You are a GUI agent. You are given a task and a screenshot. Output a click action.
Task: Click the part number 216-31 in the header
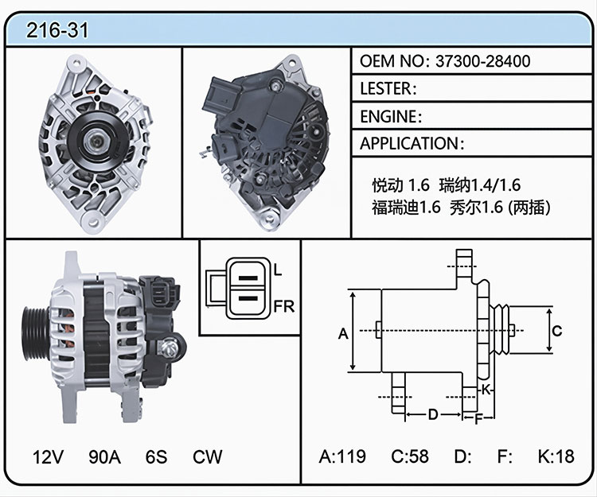pyautogui.click(x=57, y=30)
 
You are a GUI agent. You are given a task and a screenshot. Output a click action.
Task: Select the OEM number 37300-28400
pyautogui.click(x=483, y=61)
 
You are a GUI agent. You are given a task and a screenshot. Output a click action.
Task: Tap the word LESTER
pyautogui.click(x=386, y=88)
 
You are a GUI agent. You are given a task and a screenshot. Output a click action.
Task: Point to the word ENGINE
pyautogui.click(x=388, y=116)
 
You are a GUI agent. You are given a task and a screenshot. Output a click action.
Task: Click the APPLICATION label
pyautogui.click(x=409, y=143)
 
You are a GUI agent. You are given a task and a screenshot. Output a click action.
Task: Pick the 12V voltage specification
pyautogui.click(x=48, y=456)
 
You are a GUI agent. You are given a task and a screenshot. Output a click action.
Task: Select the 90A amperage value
pyautogui.click(x=105, y=456)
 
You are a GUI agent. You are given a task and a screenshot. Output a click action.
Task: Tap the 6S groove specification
pyautogui.click(x=156, y=456)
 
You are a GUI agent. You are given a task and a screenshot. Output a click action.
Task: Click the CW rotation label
pyautogui.click(x=208, y=456)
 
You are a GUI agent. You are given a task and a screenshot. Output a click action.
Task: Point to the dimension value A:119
pyautogui.click(x=342, y=456)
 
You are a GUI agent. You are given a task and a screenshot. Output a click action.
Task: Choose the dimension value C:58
pyautogui.click(x=410, y=456)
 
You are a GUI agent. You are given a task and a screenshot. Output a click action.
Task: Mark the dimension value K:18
pyautogui.click(x=556, y=456)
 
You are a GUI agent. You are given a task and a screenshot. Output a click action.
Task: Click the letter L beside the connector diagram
pyautogui.click(x=278, y=270)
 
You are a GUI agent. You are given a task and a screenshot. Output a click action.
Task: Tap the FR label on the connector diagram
pyautogui.click(x=284, y=306)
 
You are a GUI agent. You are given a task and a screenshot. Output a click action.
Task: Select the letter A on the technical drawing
pyautogui.click(x=343, y=333)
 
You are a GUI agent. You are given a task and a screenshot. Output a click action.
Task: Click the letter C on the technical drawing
pyautogui.click(x=557, y=331)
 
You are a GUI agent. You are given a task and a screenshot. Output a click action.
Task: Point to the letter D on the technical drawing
pyautogui.click(x=433, y=414)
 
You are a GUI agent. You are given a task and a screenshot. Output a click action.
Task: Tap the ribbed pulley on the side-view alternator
pyautogui.click(x=36, y=333)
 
